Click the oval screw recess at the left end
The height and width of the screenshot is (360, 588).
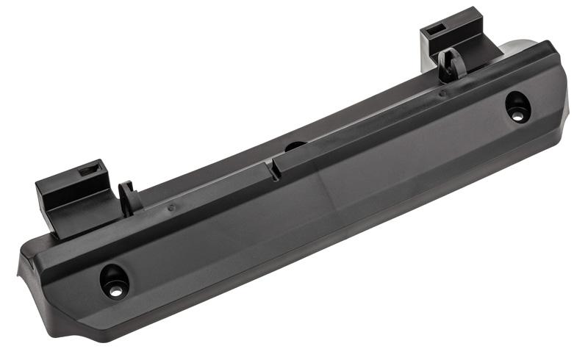[115, 280]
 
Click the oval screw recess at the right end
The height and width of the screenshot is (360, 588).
[517, 107]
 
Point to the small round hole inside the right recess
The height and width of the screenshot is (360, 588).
[517, 115]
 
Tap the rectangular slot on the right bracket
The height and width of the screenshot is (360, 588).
[435, 31]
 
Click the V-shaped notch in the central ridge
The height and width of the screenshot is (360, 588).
[273, 170]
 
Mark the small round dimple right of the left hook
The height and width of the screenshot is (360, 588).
[171, 208]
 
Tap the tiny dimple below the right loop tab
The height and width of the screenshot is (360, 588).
[442, 93]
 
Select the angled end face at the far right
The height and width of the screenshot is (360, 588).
[562, 96]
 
